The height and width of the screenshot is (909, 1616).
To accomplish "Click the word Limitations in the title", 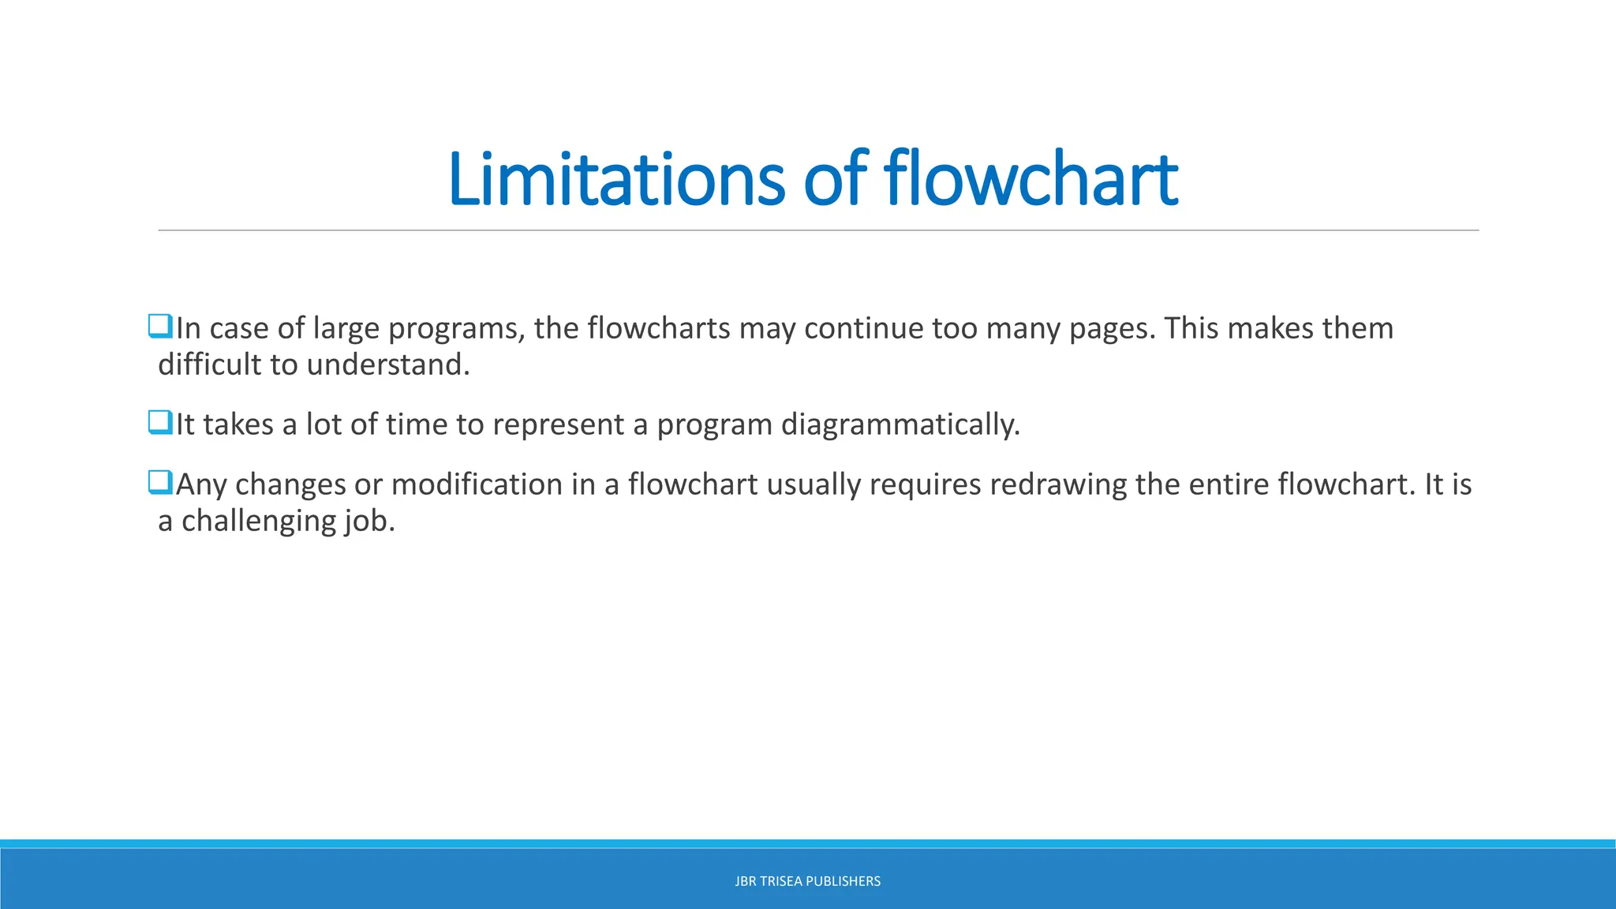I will pos(615,179).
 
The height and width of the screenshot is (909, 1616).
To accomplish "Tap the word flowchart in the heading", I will pos(1031,179).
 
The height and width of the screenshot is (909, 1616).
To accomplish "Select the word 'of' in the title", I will pos(835,179).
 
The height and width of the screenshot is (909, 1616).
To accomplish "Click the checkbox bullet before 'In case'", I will pos(160,326).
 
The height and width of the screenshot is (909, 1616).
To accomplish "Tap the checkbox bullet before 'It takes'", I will pos(160,422).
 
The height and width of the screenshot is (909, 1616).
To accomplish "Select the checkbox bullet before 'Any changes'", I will pos(160,482).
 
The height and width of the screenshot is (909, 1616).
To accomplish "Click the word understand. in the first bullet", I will pos(388,365).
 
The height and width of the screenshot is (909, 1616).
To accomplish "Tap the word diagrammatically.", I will pos(900,425).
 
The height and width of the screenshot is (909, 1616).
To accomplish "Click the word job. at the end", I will pos(369,521).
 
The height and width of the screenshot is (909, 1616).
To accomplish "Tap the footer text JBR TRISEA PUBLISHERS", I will pos(807,881).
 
